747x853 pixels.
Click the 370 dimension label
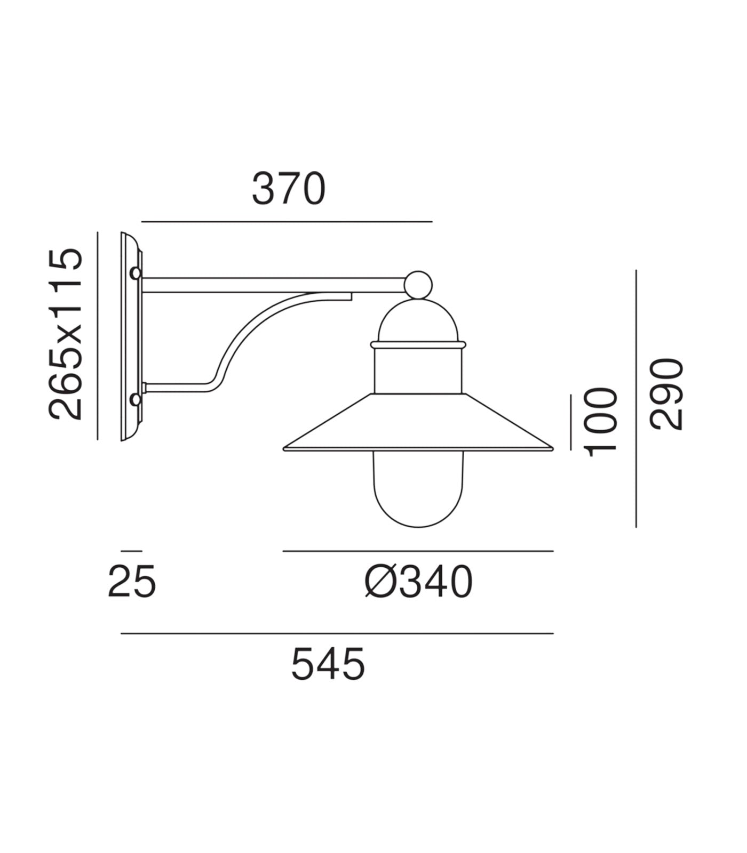click(x=288, y=189)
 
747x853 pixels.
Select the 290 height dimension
click(x=666, y=394)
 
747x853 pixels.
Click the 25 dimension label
click(x=132, y=582)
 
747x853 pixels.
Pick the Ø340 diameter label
click(x=419, y=582)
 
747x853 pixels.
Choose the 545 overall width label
click(x=328, y=664)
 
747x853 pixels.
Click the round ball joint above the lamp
click(x=418, y=285)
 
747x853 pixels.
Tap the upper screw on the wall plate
click(x=136, y=273)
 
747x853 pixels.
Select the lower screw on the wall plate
click(x=136, y=399)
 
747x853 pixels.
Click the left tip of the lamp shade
click(x=285, y=448)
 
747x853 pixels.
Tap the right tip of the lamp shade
click(x=551, y=448)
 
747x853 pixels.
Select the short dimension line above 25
click(x=131, y=551)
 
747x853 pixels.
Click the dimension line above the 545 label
click(x=337, y=633)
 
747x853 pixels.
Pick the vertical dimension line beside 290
click(x=636, y=399)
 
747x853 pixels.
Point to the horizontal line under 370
click(x=287, y=221)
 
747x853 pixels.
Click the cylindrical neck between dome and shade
click(x=418, y=371)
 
